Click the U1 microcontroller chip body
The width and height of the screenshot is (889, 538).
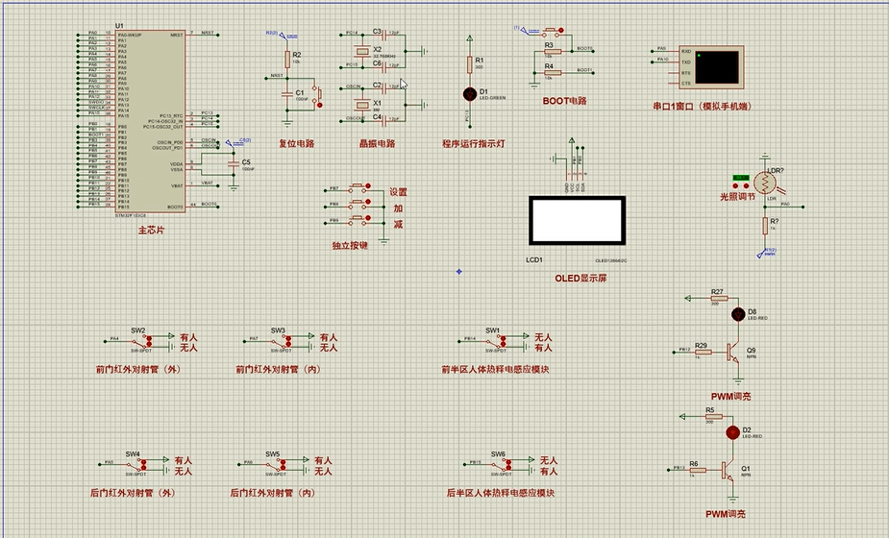150,120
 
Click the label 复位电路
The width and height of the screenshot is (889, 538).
297,143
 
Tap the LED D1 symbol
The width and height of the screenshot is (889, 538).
470,94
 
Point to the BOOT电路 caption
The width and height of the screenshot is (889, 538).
564,100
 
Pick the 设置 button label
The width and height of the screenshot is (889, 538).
399,192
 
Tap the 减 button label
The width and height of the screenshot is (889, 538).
398,224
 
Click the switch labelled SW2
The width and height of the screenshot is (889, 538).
139,339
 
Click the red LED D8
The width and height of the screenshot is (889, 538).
738,313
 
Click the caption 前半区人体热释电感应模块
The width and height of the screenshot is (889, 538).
495,369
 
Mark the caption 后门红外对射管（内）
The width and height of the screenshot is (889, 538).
273,493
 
